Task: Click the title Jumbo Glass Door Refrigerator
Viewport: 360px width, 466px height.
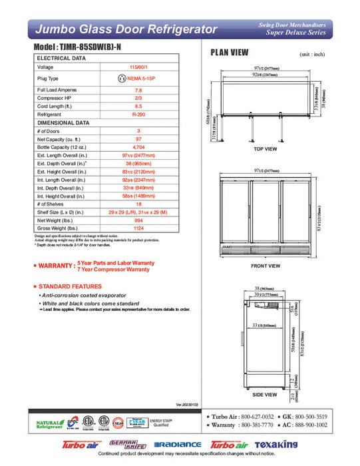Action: pyautogui.click(x=126, y=29)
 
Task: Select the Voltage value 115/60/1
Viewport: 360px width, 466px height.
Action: pyautogui.click(x=138, y=67)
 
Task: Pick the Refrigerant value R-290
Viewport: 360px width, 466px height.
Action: pyautogui.click(x=138, y=114)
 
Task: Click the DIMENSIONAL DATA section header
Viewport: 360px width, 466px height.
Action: pyautogui.click(x=64, y=122)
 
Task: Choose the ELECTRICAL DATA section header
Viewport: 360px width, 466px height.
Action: pyautogui.click(x=61, y=59)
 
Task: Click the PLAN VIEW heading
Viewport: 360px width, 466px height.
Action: pyautogui.click(x=230, y=53)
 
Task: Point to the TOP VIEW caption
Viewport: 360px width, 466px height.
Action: pyautogui.click(x=266, y=149)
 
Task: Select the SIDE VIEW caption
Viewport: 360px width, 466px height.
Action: pyautogui.click(x=266, y=394)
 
